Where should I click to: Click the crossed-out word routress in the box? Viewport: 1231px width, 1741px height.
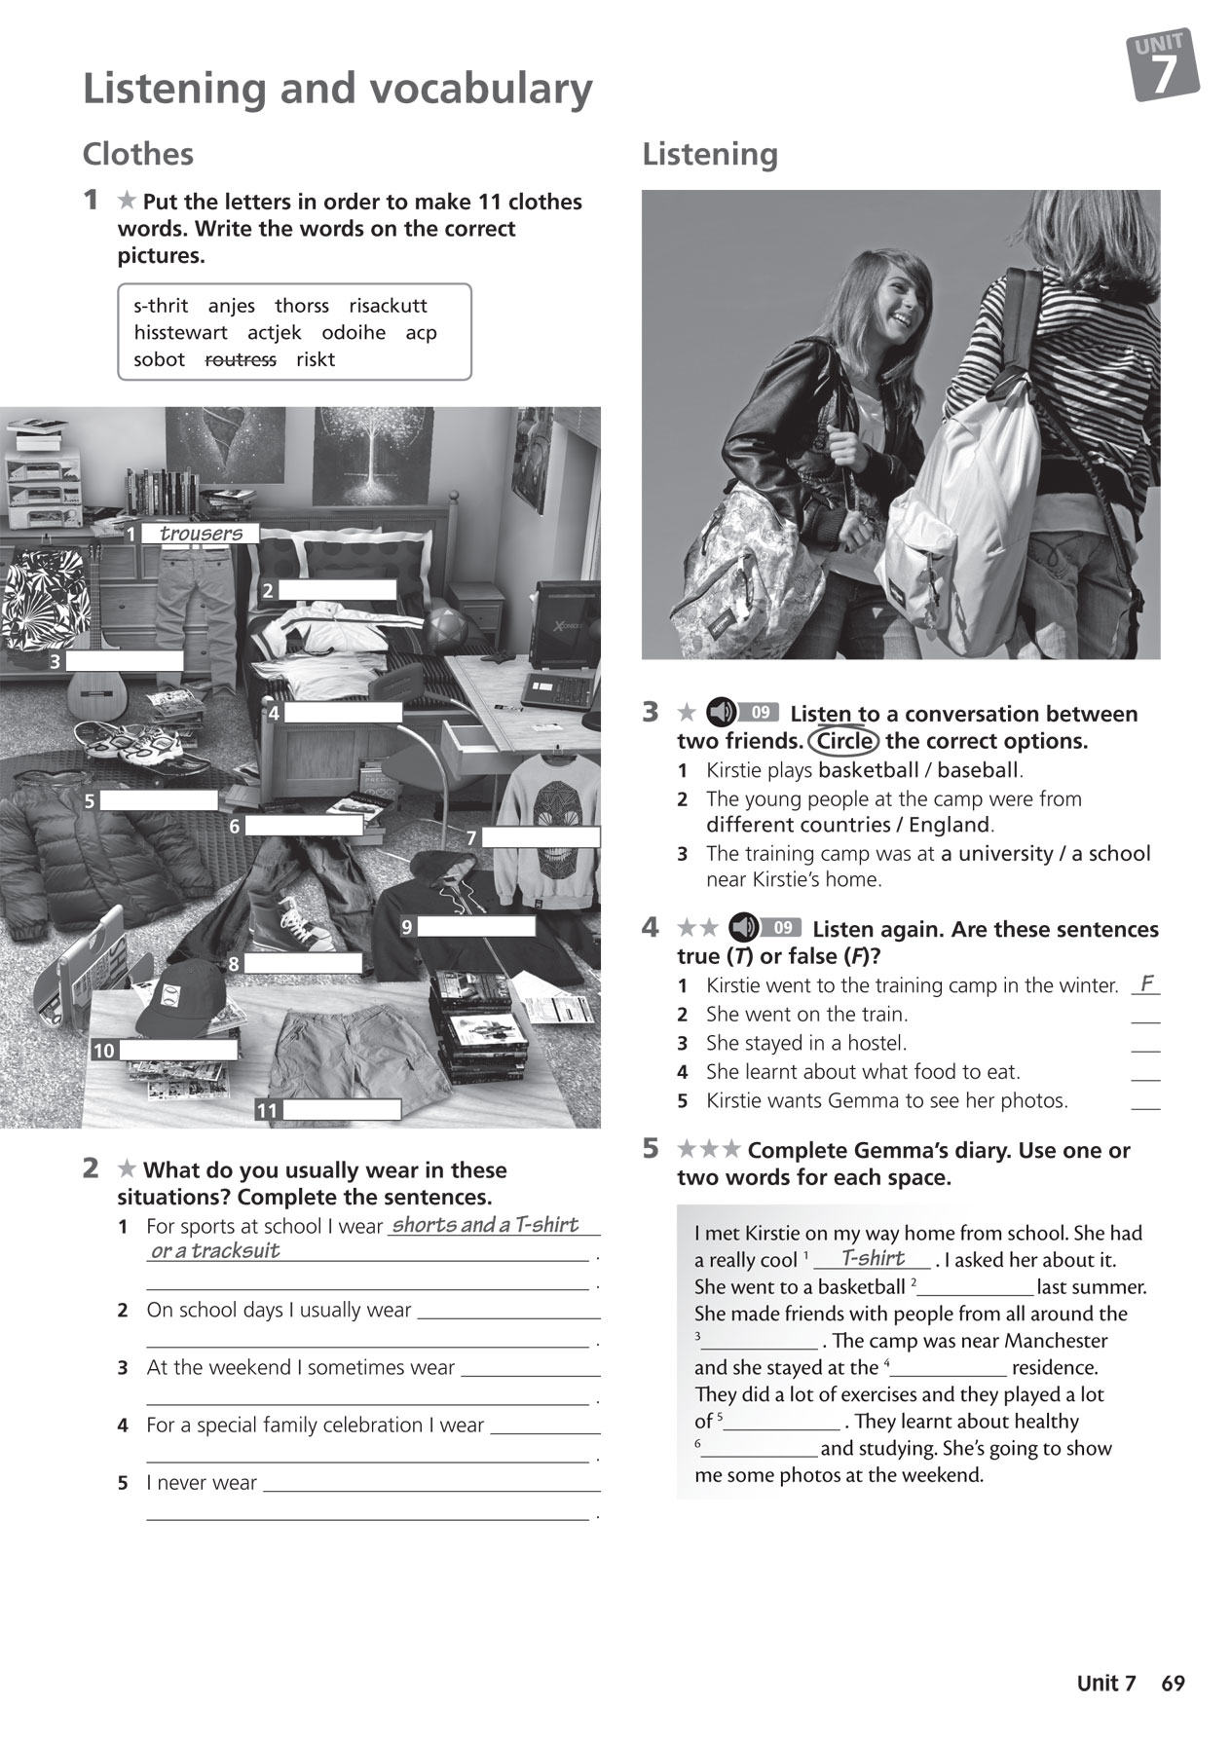[x=241, y=359]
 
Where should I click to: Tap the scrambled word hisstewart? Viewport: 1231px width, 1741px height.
[x=180, y=332]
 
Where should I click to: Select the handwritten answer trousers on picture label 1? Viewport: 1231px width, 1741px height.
[x=201, y=534]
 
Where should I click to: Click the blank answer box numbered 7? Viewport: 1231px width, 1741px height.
[x=541, y=837]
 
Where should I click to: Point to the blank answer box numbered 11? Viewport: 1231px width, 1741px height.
[x=342, y=1110]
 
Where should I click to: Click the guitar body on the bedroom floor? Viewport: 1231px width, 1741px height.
[x=97, y=692]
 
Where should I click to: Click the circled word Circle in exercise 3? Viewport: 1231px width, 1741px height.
[x=843, y=741]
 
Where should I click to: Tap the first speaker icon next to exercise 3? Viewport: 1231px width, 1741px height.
[x=720, y=713]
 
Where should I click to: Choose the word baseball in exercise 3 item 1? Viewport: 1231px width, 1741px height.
[x=977, y=770]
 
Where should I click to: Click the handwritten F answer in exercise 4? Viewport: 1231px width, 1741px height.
[x=1147, y=983]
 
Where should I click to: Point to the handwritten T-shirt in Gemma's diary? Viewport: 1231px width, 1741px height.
[x=873, y=1258]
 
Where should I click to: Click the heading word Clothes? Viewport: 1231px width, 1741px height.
[x=137, y=154]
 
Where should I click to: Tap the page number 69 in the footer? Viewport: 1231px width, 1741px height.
[x=1173, y=1684]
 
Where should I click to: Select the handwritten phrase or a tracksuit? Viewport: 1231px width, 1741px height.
[x=215, y=1251]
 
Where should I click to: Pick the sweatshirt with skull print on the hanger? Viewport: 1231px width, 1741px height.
[x=545, y=798]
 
